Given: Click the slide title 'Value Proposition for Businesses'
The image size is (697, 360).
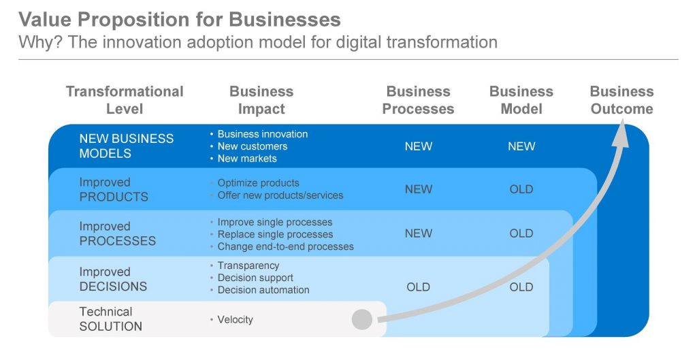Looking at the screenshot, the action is coord(180,19).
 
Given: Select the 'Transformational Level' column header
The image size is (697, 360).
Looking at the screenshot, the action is coord(125,100).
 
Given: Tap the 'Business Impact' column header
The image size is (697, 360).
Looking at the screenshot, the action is coord(261,100).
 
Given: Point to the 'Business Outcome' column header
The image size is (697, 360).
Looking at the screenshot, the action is coord(622,100).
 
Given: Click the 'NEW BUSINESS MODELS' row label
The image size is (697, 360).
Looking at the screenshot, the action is coord(126,146).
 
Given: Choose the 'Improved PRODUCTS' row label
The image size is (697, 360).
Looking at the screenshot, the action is coord(114,189).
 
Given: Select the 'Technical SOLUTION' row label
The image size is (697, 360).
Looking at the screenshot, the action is coord(111,319).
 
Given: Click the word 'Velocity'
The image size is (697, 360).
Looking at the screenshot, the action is coord(235,320).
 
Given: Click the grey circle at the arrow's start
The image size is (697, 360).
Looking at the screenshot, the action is coord(362,320).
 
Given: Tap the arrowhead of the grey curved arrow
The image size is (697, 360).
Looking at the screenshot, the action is coord(621,135).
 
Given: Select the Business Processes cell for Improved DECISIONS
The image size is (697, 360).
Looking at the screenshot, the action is coord(419,287).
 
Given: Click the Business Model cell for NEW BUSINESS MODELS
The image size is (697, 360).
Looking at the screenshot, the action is coord(521,146).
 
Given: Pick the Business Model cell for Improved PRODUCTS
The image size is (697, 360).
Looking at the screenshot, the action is coord(521,189).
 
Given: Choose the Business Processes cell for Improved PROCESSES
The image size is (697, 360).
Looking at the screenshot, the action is coord(419,233).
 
